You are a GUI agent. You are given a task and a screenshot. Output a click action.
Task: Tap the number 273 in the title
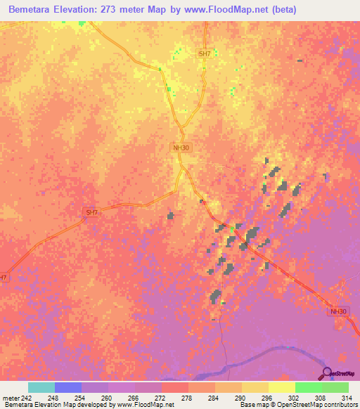click(x=128, y=10)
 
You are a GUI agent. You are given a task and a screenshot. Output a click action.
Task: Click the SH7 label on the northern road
click(x=205, y=53)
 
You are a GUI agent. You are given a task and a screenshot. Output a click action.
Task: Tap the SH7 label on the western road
click(x=92, y=212)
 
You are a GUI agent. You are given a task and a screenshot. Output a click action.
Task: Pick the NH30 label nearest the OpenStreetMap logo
click(x=338, y=311)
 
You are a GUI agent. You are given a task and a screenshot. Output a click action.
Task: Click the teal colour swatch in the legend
click(x=41, y=387)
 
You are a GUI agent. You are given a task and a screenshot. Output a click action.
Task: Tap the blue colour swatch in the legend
click(x=68, y=387)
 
